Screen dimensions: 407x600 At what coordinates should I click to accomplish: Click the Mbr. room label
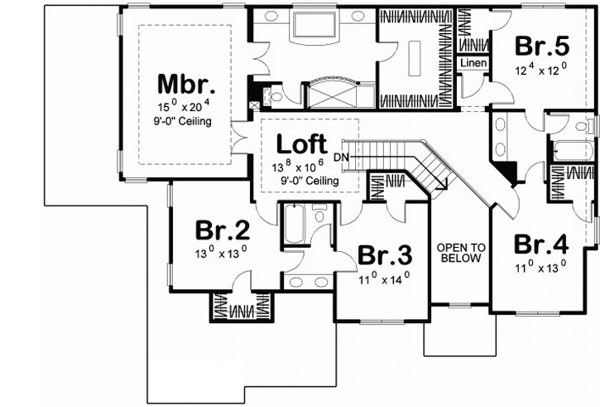187,85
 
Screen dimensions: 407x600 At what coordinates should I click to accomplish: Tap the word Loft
301,143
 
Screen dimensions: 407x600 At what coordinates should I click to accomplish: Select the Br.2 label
217,230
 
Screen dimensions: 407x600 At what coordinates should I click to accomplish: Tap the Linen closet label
473,63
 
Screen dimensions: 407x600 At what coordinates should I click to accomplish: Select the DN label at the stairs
342,157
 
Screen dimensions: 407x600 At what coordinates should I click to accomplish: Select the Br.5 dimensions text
541,66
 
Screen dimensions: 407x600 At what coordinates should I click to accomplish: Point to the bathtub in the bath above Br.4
571,152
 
